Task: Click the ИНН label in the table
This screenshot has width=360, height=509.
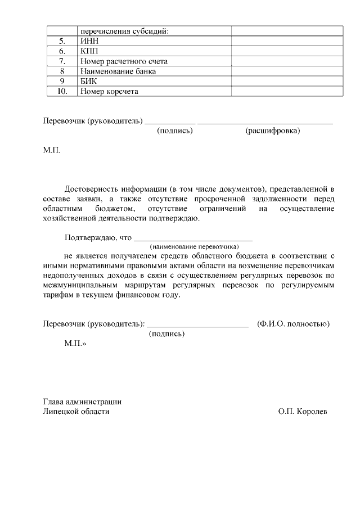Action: (89, 41)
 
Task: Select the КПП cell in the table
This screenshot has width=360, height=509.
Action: (90, 51)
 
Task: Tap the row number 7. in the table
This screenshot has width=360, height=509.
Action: (62, 61)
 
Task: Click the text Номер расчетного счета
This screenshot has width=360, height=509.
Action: (124, 61)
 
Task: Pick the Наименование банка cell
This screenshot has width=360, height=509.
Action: (118, 71)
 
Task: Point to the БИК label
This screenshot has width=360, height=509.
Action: (89, 82)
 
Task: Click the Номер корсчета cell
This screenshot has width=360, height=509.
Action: (109, 92)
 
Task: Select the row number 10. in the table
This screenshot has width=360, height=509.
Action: (62, 92)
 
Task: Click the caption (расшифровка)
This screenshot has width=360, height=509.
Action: (273, 130)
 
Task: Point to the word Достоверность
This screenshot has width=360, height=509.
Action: (93, 188)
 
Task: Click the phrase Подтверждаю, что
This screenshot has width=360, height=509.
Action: (98, 237)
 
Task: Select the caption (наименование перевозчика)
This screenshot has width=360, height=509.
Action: (194, 246)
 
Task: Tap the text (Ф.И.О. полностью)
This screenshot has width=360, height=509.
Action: (293, 324)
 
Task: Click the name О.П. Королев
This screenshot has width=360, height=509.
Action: (302, 412)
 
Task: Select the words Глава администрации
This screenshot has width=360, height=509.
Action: (83, 402)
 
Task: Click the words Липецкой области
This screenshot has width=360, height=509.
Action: (76, 412)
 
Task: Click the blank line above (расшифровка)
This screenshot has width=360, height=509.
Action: (265, 122)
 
